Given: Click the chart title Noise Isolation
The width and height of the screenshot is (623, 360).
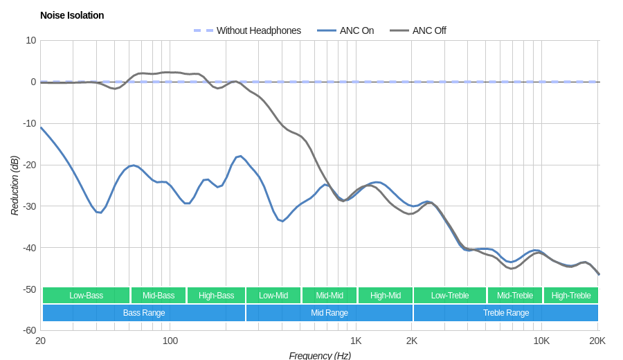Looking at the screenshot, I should [72, 15].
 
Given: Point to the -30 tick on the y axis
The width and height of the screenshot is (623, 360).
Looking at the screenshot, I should [29, 206].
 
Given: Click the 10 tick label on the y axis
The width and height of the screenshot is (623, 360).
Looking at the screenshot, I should [31, 40].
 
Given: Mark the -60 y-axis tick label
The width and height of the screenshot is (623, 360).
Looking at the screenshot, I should [29, 330].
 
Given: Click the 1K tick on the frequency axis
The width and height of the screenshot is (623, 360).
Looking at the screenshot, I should [356, 341].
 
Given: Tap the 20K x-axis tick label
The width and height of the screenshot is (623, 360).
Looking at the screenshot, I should [597, 341].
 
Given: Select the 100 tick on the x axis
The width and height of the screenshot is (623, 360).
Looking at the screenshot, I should [170, 341].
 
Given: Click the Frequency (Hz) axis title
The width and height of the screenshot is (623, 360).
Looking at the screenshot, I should [320, 355].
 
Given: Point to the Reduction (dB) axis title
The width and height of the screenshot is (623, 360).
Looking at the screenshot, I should [15, 186].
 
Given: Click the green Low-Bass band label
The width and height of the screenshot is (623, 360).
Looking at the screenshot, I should [86, 296].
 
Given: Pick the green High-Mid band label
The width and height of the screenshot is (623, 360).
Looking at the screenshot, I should [386, 296].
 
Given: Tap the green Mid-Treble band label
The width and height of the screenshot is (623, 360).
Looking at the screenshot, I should [515, 296].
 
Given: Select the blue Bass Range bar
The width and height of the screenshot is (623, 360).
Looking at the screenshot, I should [144, 313].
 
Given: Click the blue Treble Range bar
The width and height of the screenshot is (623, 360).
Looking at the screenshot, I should [506, 313].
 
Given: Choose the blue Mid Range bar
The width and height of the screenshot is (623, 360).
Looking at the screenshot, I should [329, 313].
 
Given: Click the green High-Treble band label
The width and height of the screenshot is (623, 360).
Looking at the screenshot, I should [571, 296].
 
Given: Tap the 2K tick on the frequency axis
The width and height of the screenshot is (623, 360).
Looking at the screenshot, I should [412, 341].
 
